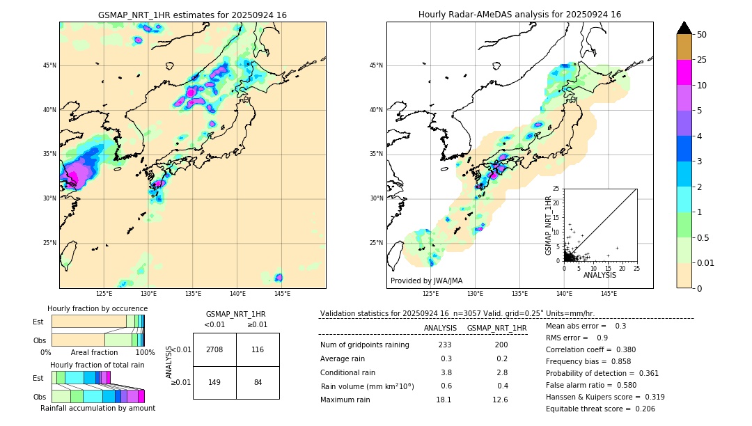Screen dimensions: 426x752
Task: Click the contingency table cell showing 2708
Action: tap(214, 349)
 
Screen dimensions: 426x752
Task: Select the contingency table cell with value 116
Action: tap(258, 349)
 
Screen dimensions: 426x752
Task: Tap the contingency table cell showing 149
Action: tap(214, 382)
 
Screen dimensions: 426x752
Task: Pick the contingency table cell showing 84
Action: tap(258, 382)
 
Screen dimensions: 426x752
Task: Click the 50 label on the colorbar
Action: tap(702, 35)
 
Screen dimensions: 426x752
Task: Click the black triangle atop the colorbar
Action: tap(684, 28)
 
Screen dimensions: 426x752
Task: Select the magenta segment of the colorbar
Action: tap(684, 72)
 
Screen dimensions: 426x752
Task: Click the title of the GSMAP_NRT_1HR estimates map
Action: tap(192, 15)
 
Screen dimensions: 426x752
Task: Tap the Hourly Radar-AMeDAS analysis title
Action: tap(519, 15)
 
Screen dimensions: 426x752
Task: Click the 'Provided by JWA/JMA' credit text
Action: tap(426, 281)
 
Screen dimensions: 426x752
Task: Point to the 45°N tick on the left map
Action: tap(49, 65)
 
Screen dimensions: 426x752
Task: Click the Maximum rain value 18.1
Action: tap(444, 400)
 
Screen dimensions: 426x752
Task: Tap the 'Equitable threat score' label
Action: tap(590, 409)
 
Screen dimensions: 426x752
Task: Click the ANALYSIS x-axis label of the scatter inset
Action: tap(599, 275)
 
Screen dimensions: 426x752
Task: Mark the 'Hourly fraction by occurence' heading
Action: tap(97, 308)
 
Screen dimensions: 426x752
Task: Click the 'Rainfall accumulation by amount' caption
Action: tap(97, 409)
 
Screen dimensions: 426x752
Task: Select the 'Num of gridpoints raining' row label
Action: tap(364, 345)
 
